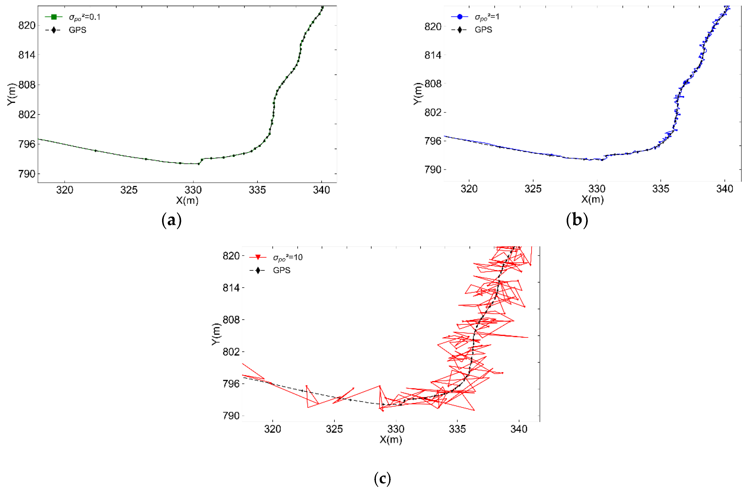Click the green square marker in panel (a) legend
(x=54, y=17)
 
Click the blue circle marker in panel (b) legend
(x=459, y=17)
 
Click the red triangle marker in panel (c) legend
(x=258, y=257)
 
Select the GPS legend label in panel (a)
(x=77, y=30)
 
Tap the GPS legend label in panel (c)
(x=281, y=270)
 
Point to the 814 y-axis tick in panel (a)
(x=27, y=55)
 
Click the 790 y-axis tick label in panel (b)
(x=433, y=170)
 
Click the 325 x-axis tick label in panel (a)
(x=129, y=190)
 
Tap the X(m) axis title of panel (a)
(x=187, y=201)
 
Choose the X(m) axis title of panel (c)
(x=390, y=439)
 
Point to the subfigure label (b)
(x=577, y=220)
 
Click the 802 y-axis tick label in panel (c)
(x=231, y=352)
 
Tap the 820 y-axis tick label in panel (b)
(x=433, y=27)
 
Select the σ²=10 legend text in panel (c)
(x=288, y=258)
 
